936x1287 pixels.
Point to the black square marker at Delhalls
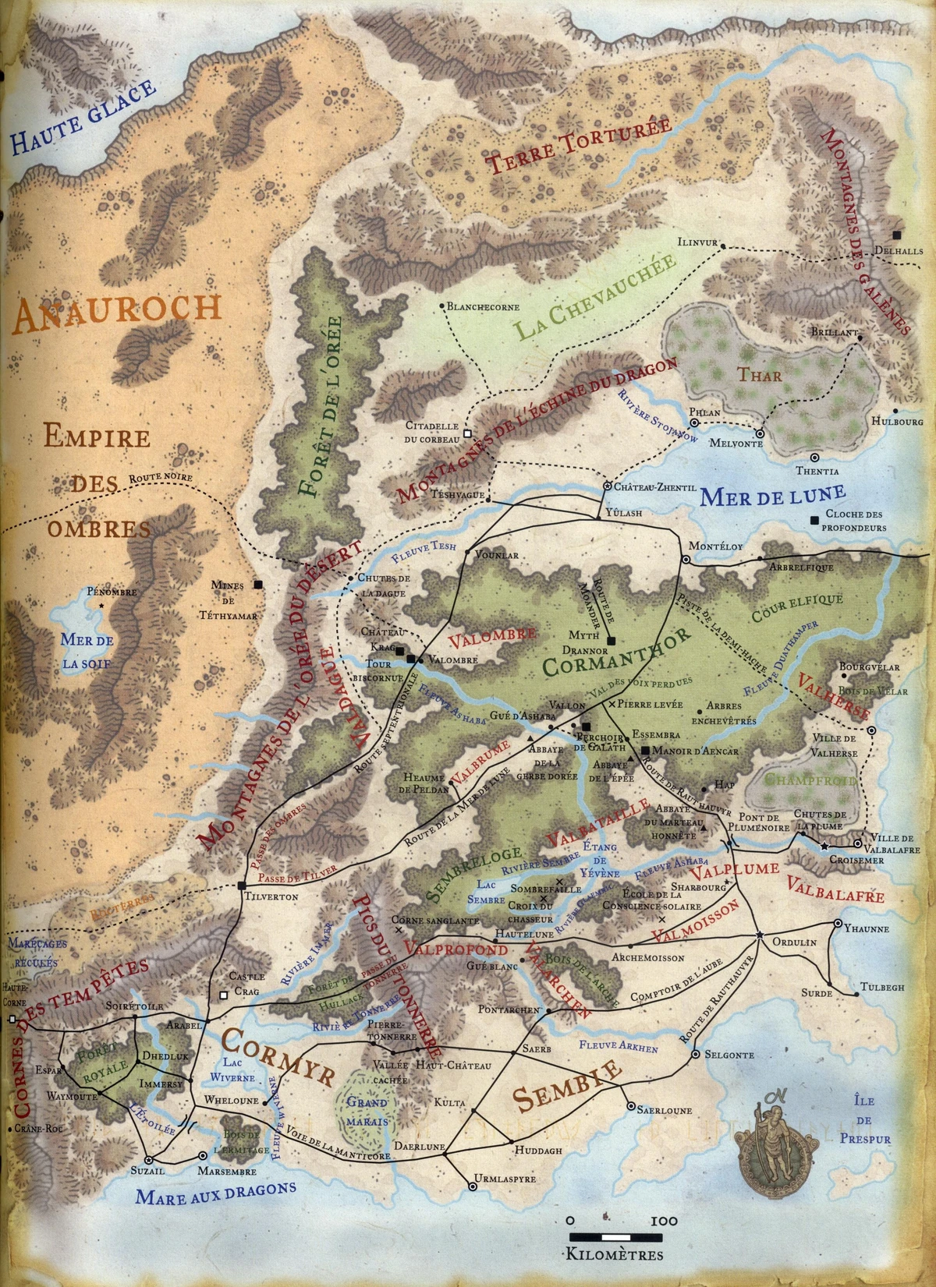coord(898,234)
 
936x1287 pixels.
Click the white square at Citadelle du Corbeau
coord(466,433)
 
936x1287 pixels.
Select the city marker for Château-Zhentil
coord(606,486)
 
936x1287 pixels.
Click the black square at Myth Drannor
coord(612,640)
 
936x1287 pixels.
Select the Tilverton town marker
coord(242,885)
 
